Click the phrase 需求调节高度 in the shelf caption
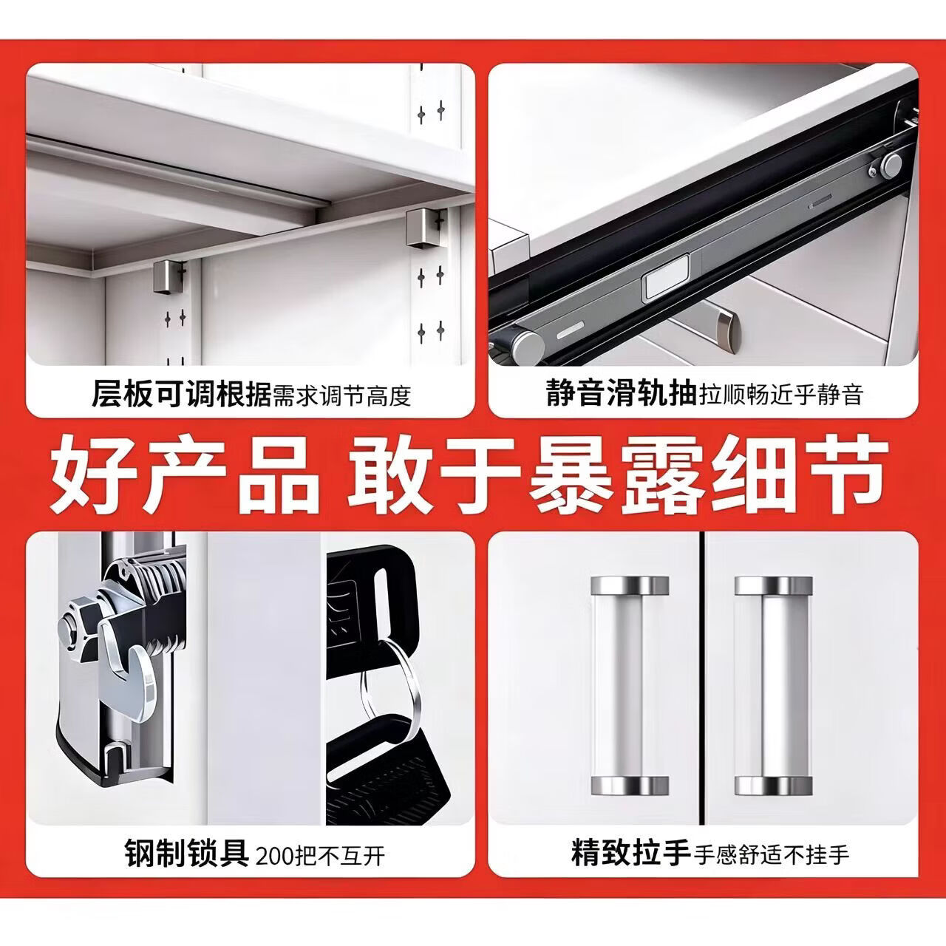341,395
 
